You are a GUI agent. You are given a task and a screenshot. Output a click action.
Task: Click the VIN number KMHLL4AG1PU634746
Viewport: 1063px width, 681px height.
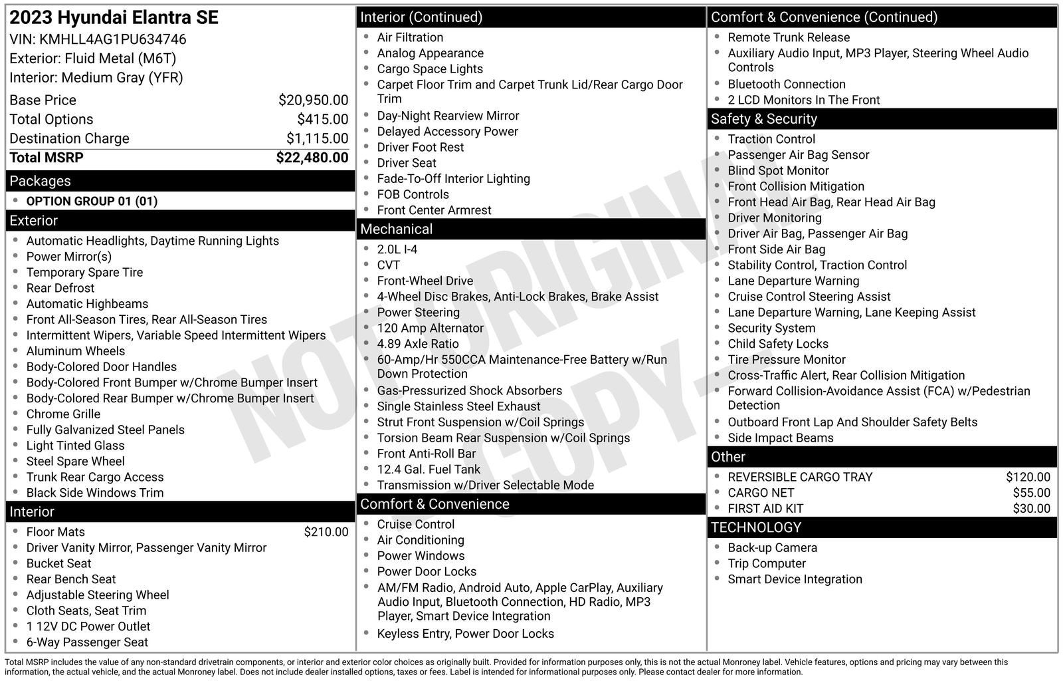tap(112, 39)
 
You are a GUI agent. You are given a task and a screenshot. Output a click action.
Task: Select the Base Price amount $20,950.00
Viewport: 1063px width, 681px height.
tap(313, 100)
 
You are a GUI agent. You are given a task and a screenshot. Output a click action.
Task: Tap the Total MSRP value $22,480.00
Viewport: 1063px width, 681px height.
tap(312, 158)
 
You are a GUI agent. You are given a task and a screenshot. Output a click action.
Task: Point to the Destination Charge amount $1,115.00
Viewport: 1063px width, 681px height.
tap(317, 138)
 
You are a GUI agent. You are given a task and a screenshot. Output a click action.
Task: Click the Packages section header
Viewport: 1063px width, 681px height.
tap(40, 181)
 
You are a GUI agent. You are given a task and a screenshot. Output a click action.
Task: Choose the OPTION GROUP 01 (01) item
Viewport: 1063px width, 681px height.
tap(92, 202)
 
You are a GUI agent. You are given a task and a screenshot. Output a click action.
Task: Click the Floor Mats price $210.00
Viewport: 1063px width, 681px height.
tap(326, 532)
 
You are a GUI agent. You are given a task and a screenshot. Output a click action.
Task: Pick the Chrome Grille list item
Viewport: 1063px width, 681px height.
tap(63, 414)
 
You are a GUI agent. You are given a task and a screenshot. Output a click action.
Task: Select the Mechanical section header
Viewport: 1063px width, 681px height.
tap(396, 229)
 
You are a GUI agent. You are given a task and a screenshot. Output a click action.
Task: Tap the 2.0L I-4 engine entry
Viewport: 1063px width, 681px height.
tap(397, 249)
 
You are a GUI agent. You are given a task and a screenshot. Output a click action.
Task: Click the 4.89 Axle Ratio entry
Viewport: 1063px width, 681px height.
tap(418, 344)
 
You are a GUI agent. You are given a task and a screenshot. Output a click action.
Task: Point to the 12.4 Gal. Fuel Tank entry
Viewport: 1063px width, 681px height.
tap(429, 470)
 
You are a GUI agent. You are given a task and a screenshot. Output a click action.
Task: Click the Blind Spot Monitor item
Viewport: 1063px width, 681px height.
tap(778, 171)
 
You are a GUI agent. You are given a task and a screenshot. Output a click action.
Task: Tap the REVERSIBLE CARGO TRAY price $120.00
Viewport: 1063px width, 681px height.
tap(1028, 477)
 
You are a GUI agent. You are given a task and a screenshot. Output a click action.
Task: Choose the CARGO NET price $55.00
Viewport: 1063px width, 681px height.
tap(1031, 493)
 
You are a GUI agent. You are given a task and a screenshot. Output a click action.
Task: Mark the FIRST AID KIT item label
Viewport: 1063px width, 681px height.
tap(765, 509)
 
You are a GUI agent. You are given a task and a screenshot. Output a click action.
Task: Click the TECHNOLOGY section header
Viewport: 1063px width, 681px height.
tap(755, 527)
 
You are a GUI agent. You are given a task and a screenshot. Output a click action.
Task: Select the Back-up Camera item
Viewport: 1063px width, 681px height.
tap(772, 548)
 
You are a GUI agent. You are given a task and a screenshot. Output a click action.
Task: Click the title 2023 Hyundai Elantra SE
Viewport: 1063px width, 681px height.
tap(114, 18)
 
